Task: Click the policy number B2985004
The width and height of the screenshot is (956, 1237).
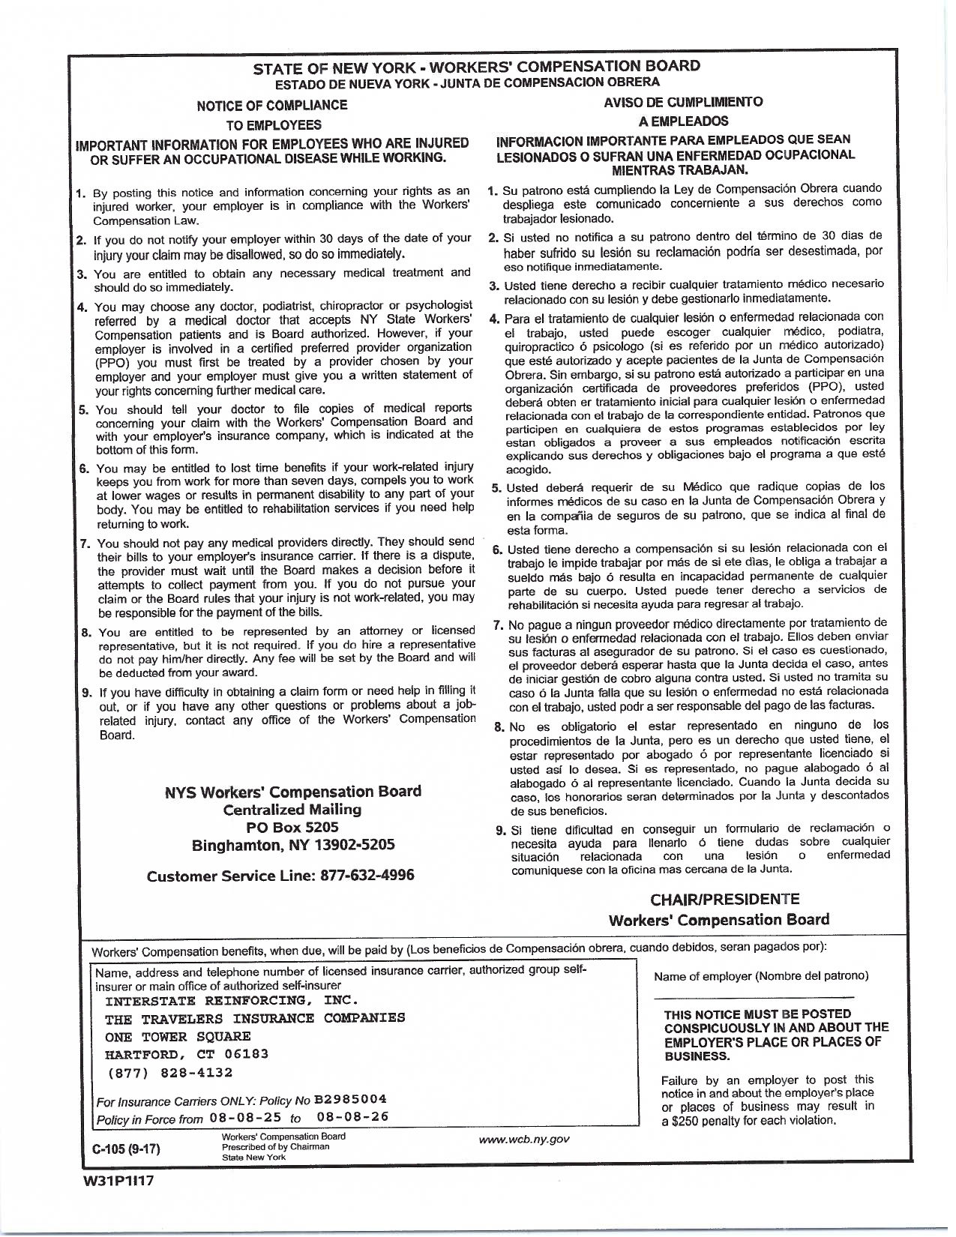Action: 351,1099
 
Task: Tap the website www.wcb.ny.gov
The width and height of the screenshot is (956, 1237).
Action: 525,1140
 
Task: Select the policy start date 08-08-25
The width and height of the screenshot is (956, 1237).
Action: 246,1118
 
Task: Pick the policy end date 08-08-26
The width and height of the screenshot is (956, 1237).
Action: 353,1118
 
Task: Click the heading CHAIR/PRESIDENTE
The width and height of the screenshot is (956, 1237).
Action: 725,899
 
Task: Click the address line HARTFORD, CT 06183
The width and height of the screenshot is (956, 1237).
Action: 187,1053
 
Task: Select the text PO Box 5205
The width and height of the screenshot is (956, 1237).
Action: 292,827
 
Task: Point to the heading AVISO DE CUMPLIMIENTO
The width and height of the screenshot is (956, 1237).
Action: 683,102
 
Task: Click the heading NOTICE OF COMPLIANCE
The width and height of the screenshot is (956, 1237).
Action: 271,105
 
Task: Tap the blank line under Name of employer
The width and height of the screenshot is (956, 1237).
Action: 754,996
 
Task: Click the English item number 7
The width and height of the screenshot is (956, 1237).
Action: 86,543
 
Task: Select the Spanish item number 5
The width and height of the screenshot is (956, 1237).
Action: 496,489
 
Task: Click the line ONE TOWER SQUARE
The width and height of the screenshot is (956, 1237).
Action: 178,1036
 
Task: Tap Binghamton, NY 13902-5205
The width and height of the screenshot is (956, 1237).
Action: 293,846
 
